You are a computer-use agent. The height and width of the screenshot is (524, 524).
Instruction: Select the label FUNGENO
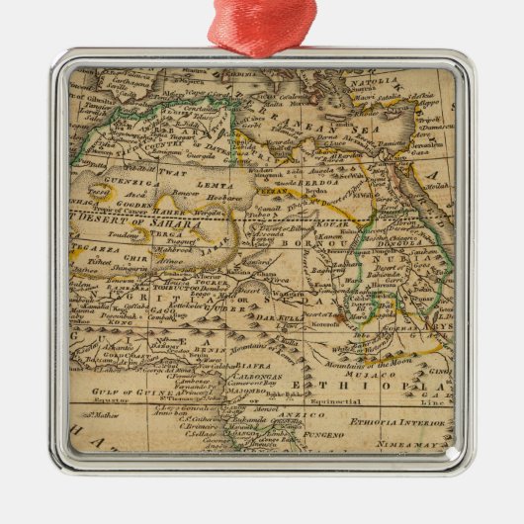(331, 432)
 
